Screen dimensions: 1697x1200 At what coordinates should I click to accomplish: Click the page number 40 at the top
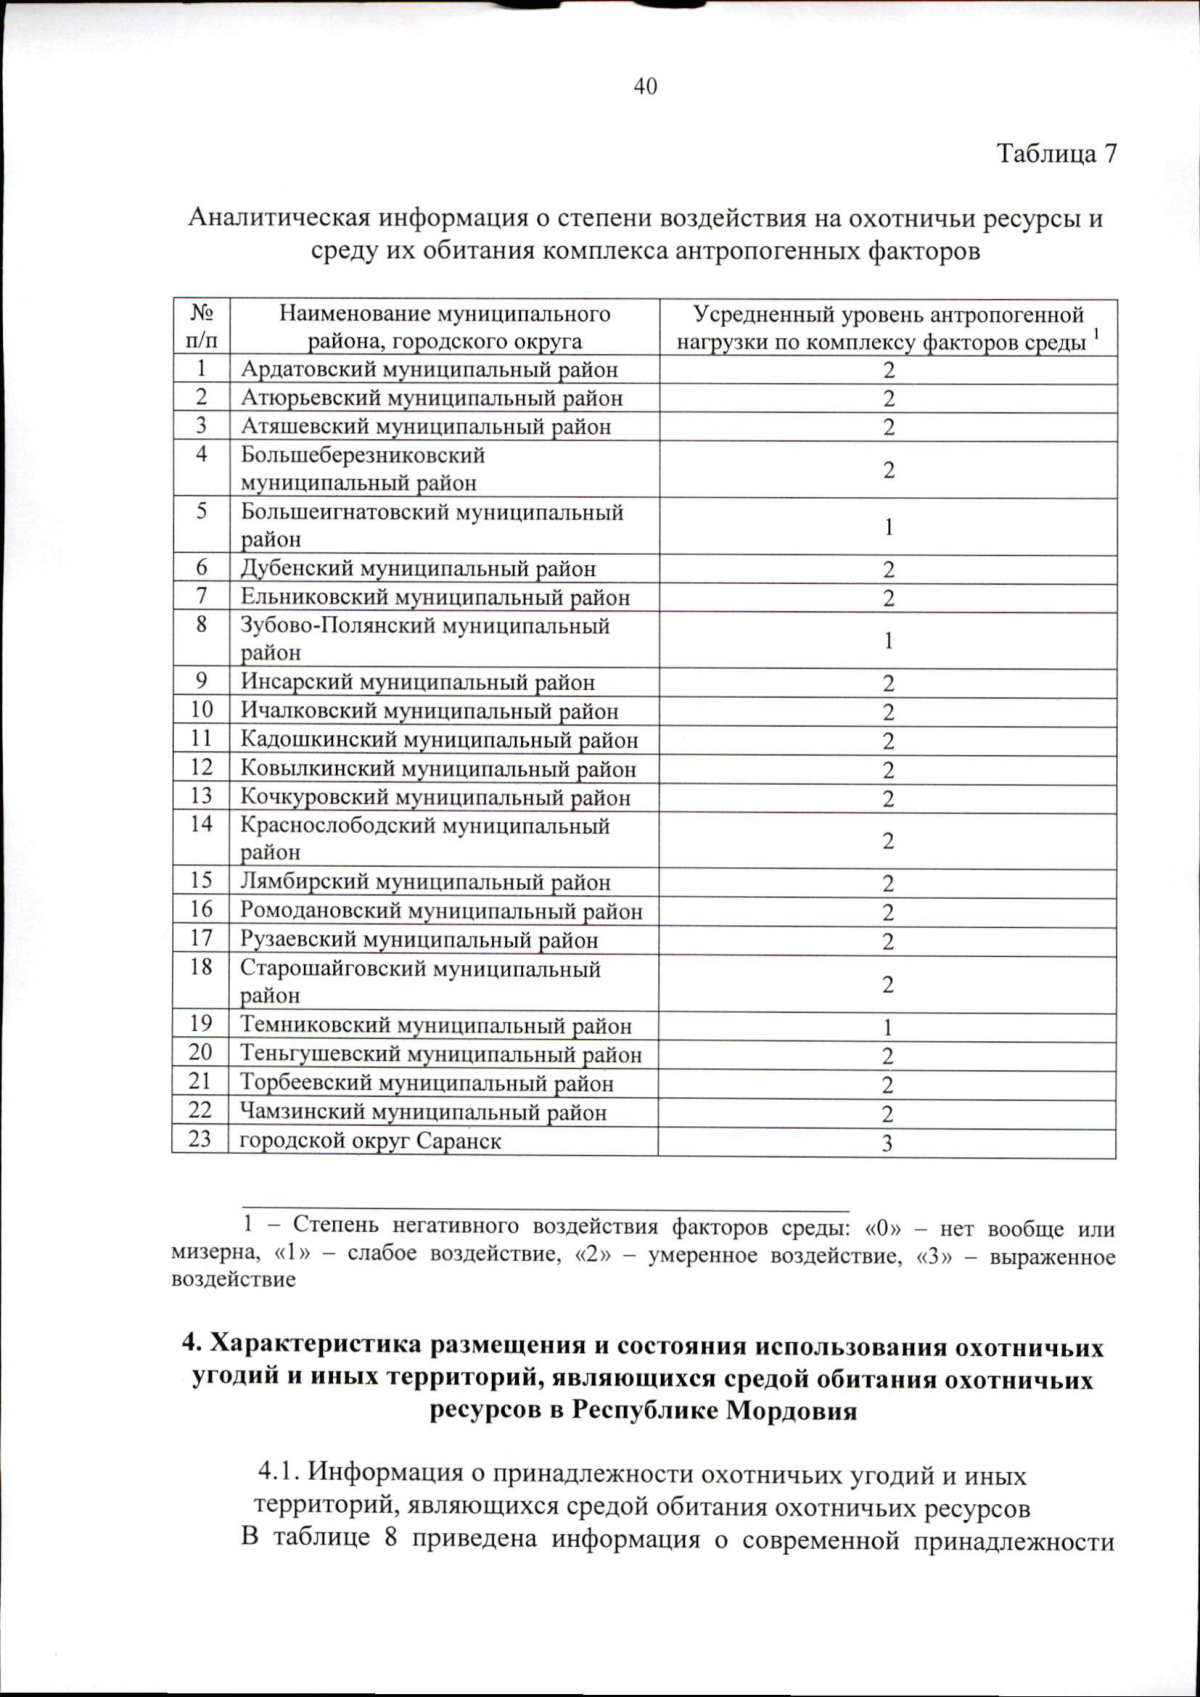[x=645, y=87]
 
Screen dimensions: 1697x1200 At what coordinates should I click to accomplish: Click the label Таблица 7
[x=1055, y=154]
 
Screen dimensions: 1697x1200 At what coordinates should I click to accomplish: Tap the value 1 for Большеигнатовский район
[x=887, y=527]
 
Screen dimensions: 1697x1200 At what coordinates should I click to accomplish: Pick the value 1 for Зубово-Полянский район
[x=887, y=641]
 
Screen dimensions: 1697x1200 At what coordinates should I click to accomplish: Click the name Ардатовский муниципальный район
[x=429, y=370]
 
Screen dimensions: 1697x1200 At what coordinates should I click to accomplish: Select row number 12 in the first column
[x=201, y=768]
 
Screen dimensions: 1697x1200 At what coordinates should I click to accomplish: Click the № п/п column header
[x=200, y=327]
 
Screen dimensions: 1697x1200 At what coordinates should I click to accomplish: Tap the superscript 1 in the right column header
[x=1097, y=333]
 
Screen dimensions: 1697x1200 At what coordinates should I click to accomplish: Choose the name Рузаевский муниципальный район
[x=419, y=940]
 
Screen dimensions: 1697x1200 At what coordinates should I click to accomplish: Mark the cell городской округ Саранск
[x=370, y=1141]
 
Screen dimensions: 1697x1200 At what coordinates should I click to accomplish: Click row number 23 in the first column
[x=200, y=1139]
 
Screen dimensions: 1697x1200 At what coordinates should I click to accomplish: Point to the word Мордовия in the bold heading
[x=791, y=1411]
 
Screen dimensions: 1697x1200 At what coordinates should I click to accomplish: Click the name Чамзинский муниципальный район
[x=423, y=1113]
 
